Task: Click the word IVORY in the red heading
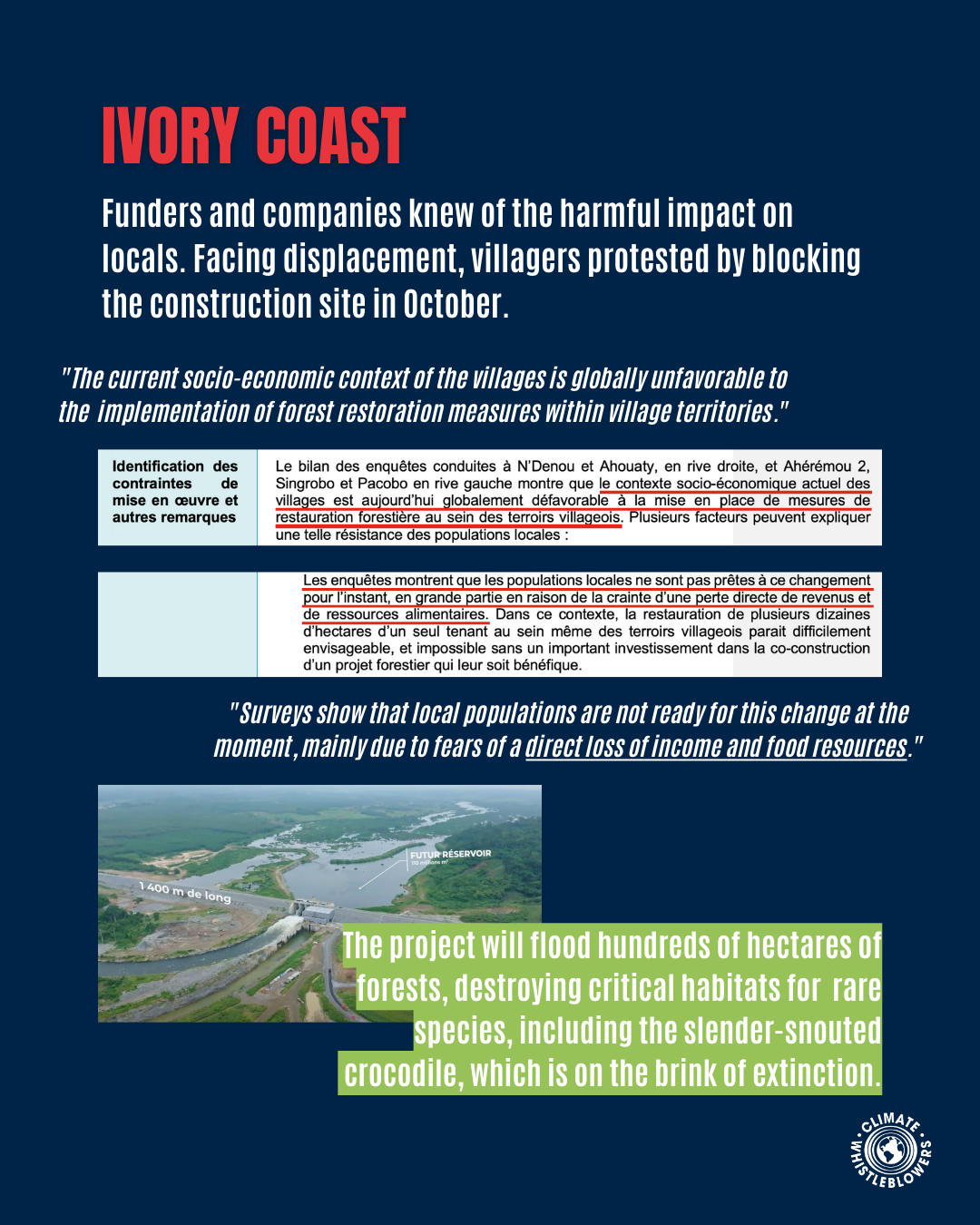[170, 136]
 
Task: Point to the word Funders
[152, 214]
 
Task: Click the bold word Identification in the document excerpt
[158, 466]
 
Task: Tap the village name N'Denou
[545, 466]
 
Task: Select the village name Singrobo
[305, 484]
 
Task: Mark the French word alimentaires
[445, 614]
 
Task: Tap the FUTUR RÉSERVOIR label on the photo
[450, 854]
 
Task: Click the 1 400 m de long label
[185, 892]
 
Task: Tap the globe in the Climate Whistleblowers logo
[890, 1151]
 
